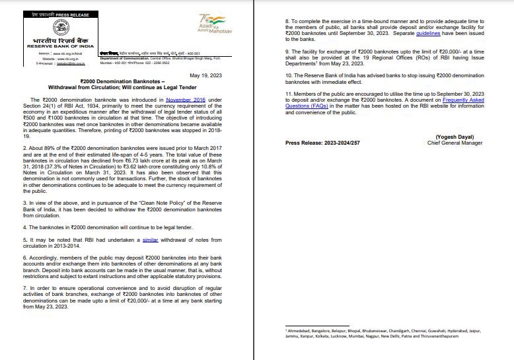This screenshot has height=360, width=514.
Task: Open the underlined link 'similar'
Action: [x=150, y=240]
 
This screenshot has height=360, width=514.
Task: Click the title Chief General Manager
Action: [x=456, y=143]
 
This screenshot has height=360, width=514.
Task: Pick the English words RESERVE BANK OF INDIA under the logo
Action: [x=56, y=48]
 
